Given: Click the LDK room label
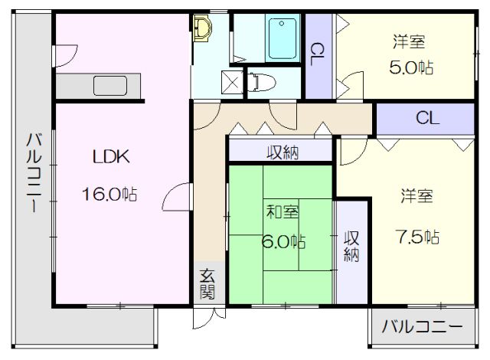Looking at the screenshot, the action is (111, 157).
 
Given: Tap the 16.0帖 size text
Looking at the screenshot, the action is (109, 194).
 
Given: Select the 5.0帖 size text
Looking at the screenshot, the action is (411, 67).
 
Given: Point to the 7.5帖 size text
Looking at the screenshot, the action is (417, 237).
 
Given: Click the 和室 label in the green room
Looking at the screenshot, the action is (283, 212).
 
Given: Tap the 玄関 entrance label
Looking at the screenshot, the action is (207, 283).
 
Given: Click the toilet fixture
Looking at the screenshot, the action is (262, 82).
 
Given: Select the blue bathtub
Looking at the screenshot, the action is (283, 39).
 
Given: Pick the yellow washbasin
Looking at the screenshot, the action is (202, 29).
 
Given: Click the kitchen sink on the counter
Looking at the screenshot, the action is (110, 86).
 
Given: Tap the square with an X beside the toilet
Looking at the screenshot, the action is (232, 82).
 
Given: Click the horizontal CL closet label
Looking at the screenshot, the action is (427, 119).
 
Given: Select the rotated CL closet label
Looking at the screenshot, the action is (318, 54).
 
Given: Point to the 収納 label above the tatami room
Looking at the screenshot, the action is (283, 152).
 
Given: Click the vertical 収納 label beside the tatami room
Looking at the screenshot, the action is (351, 247).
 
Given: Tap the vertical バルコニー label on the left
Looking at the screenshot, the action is (34, 173).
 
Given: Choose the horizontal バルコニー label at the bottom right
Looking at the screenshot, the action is (422, 327).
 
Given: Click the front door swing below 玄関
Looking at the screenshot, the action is (209, 318).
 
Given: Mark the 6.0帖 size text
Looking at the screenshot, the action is (283, 241).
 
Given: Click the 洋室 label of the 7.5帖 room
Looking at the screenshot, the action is (416, 196).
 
